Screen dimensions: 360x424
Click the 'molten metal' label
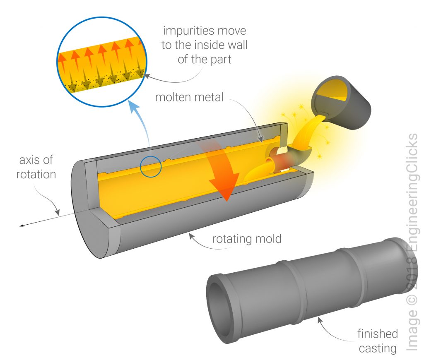(189, 98)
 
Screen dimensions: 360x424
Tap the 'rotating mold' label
(247, 239)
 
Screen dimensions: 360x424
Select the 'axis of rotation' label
(36, 167)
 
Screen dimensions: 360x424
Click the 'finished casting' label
(377, 341)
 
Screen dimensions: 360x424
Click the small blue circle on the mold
(150, 167)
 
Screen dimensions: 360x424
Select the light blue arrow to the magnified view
(138, 124)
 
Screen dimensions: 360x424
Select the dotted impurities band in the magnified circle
(104, 79)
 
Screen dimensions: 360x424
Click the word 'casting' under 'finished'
(377, 348)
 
